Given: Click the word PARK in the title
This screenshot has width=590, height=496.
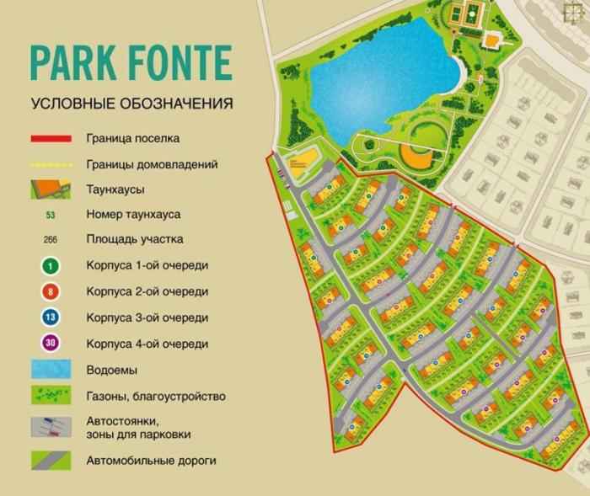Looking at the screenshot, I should click(72, 63).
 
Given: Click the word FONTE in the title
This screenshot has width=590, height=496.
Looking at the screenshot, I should click(174, 63).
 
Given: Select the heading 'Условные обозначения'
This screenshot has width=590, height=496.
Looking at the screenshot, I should click(132, 104).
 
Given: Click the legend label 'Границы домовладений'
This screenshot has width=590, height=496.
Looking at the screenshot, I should click(152, 164).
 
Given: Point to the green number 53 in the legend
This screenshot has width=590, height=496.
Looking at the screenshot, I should click(50, 215).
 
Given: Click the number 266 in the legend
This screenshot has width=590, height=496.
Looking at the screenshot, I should click(50, 239).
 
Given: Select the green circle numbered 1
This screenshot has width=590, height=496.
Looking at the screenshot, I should click(50, 265).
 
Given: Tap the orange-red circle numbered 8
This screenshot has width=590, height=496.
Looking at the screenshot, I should click(50, 291).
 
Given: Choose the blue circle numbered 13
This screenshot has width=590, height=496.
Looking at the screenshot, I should click(50, 317).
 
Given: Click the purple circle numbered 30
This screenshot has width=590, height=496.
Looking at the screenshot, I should click(50, 344).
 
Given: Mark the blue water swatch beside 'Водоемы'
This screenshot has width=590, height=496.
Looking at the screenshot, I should click(51, 370).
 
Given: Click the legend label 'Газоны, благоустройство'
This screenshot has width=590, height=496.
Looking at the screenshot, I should click(155, 396).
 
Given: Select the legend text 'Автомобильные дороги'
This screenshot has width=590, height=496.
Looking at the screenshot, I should click(151, 461).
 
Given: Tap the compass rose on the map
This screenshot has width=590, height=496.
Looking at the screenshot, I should click(576, 13).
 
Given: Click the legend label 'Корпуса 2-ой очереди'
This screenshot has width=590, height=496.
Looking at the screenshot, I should click(147, 291).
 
